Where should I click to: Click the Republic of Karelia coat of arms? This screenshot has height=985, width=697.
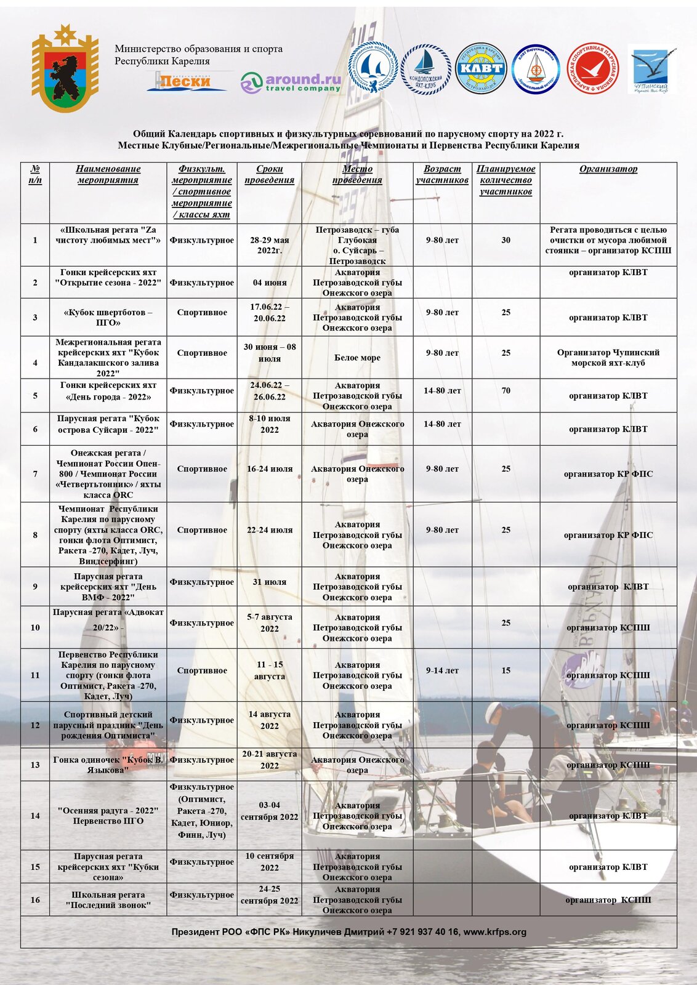pyautogui.click(x=65, y=68)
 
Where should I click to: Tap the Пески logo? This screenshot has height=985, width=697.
pyautogui.click(x=187, y=81)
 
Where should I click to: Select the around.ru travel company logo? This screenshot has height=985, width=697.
pyautogui.click(x=291, y=82)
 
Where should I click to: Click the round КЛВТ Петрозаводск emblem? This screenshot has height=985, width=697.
pyautogui.click(x=480, y=68)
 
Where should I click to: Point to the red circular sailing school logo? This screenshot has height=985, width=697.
pyautogui.click(x=592, y=68)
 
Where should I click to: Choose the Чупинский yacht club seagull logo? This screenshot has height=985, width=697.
pyautogui.click(x=651, y=69)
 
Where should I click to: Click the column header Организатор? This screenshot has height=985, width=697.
pyautogui.click(x=608, y=169)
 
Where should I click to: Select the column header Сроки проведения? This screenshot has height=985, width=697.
pyautogui.click(x=269, y=174)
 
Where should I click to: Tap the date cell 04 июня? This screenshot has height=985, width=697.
pyautogui.click(x=269, y=283)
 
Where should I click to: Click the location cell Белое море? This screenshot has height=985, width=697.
pyautogui.click(x=357, y=358)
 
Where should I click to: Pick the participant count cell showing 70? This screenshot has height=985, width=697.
pyautogui.click(x=506, y=390)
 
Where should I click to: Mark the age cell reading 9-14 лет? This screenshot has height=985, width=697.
pyautogui.click(x=442, y=670)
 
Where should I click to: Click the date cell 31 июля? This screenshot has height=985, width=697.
pyautogui.click(x=269, y=582)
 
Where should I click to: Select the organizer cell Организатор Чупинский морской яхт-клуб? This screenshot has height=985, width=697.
pyautogui.click(x=608, y=358)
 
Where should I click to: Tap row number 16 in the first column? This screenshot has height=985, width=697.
pyautogui.click(x=35, y=900)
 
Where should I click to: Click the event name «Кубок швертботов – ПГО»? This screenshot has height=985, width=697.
pyautogui.click(x=108, y=317)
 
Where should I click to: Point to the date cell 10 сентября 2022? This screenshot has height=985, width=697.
pyautogui.click(x=269, y=862)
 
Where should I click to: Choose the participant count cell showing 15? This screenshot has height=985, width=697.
pyautogui.click(x=506, y=670)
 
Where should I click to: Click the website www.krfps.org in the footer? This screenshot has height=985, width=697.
pyautogui.click(x=494, y=932)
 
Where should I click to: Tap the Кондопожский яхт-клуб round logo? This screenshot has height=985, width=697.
pyautogui.click(x=426, y=68)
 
